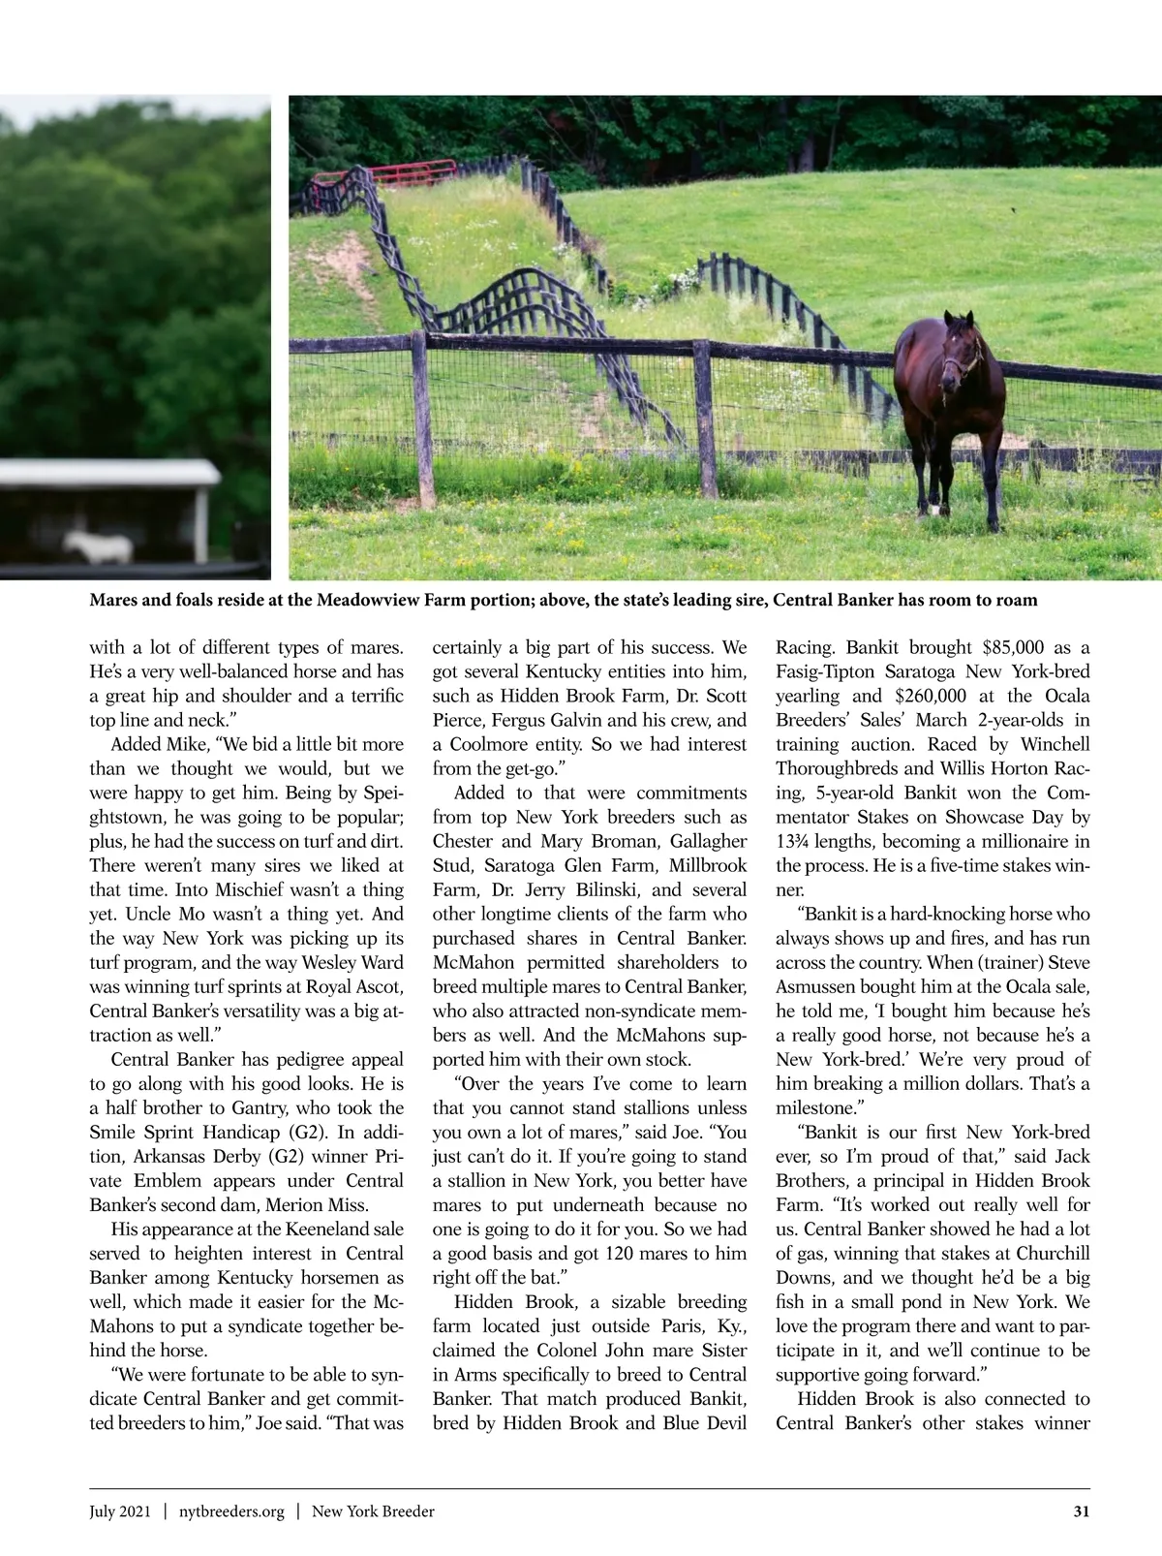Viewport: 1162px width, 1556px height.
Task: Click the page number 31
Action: (x=1082, y=1511)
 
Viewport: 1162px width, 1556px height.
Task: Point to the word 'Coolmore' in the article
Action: (x=492, y=744)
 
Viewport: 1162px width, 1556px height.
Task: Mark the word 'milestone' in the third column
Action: (x=813, y=1107)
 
